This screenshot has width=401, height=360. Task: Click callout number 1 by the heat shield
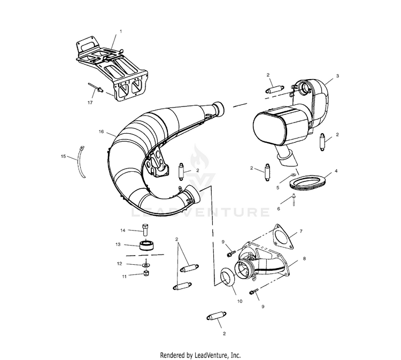[x=120, y=32]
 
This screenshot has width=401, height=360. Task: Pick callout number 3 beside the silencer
[x=337, y=76]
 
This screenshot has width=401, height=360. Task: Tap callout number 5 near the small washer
[x=277, y=188]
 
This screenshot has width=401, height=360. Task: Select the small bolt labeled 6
[x=294, y=200]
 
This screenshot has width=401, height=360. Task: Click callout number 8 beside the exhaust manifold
[x=304, y=259]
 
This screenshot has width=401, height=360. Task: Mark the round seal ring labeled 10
[x=229, y=279]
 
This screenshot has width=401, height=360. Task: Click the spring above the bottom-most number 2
[x=217, y=318]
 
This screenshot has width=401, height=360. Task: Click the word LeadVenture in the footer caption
[x=210, y=355]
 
